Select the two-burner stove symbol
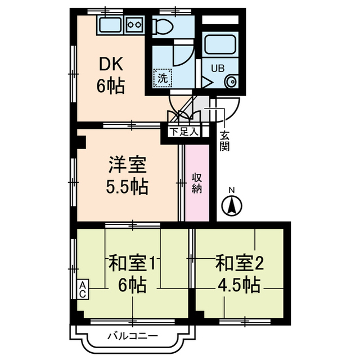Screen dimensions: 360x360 tap(135, 24)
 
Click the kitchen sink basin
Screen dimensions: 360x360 tap(111, 25)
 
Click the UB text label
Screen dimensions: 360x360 tap(217, 68)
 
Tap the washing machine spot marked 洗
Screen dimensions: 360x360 tap(162, 78)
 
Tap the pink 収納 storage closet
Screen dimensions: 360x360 tap(197, 183)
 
